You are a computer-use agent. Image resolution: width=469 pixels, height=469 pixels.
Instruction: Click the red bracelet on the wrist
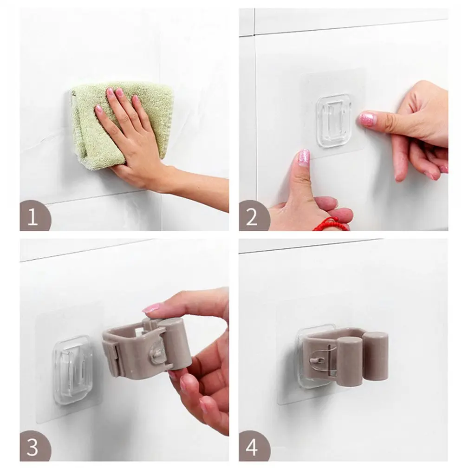tap(331, 225)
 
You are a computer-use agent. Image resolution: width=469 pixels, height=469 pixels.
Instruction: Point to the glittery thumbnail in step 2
tap(303, 157)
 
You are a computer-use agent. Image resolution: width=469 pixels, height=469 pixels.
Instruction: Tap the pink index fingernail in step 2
tap(367, 119)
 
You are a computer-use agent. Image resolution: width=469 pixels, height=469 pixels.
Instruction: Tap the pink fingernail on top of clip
tap(151, 308)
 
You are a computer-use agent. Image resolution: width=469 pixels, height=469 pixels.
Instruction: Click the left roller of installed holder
tap(349, 362)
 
